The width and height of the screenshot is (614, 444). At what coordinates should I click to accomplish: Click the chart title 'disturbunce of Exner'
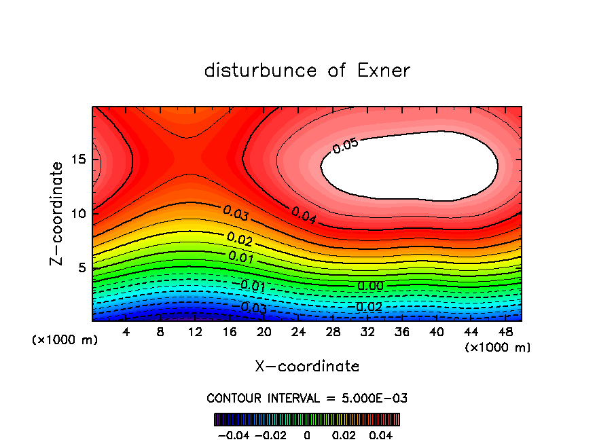pyautogui.click(x=307, y=71)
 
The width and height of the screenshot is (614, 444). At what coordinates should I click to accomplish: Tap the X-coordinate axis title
pyautogui.click(x=307, y=367)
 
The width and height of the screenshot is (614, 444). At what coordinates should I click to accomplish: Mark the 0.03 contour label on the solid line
pyautogui.click(x=236, y=212)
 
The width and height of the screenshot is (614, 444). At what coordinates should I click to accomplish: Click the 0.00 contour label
pyautogui.click(x=370, y=286)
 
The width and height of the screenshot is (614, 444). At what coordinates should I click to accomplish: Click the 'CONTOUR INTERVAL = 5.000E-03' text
pyautogui.click(x=307, y=398)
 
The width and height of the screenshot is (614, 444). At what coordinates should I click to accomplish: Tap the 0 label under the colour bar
pyautogui.click(x=307, y=434)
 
